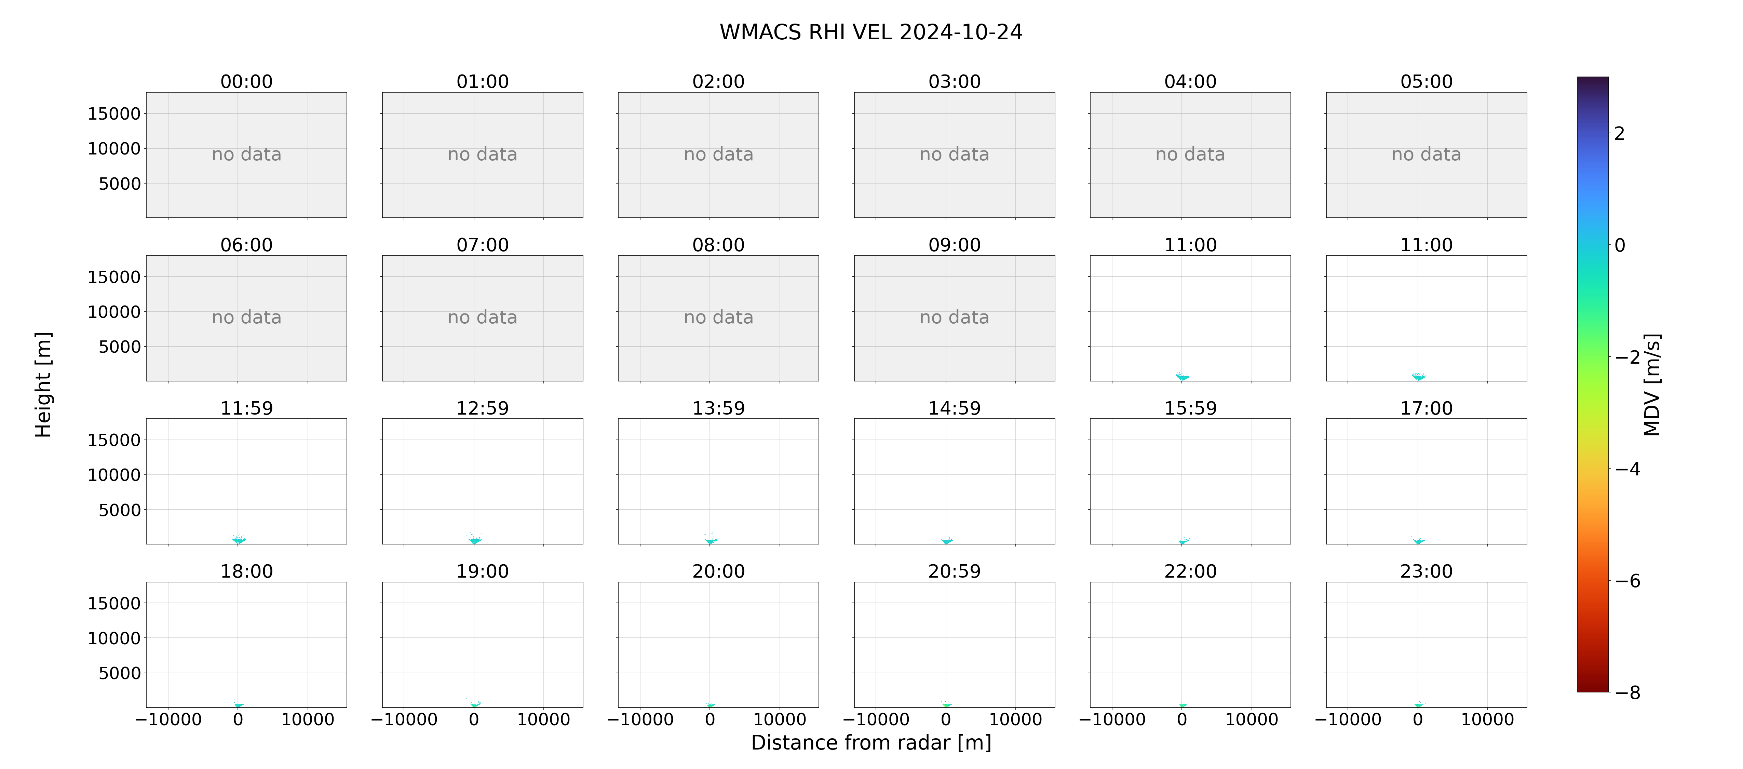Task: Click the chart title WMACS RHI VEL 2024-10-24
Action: tap(871, 32)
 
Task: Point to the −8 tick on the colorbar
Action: tap(1628, 692)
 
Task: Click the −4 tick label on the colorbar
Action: tap(1628, 469)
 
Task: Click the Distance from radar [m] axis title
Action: tap(871, 743)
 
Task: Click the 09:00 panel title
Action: tap(954, 245)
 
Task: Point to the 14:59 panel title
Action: tap(954, 408)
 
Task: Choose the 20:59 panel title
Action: tap(954, 571)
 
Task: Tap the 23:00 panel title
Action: tap(1426, 571)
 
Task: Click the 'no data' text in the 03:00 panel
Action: tap(954, 154)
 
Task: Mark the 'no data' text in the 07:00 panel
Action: tap(483, 318)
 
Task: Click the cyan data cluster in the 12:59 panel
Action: tap(474, 540)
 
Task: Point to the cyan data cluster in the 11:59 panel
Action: tap(238, 540)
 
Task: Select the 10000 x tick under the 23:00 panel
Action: tap(1487, 719)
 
